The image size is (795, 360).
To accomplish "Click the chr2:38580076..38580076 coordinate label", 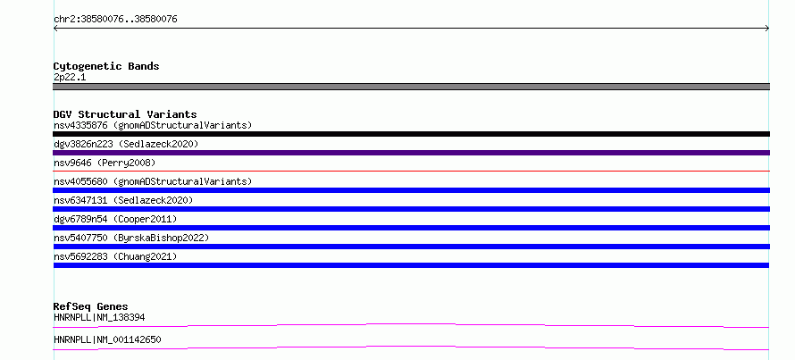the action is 115,20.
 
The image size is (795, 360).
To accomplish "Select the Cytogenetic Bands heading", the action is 106,66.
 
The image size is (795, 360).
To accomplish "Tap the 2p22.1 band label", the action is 70,78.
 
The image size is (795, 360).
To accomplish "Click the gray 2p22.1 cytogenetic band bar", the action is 411,87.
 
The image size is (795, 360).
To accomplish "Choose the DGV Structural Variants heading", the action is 125,114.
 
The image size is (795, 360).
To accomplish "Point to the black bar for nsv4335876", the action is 411,134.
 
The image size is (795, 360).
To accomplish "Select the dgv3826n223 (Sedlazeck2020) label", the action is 126,144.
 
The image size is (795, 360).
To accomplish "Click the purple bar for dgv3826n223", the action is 411,153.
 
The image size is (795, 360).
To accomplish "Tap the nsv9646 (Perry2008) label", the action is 105,163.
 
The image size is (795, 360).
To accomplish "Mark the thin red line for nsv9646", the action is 411,171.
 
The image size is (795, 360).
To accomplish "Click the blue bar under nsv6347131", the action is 411,209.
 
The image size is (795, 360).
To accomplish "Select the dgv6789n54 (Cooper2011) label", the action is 115,219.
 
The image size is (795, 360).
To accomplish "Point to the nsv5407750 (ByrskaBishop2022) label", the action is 131,238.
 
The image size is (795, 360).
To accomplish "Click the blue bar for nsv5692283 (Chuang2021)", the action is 411,265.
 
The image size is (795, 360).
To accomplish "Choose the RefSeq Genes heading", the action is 91,306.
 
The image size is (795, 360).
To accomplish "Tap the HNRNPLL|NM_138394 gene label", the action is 99,318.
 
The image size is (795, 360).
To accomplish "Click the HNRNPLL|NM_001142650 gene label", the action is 107,339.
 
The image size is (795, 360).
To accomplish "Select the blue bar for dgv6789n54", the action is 411,228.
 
